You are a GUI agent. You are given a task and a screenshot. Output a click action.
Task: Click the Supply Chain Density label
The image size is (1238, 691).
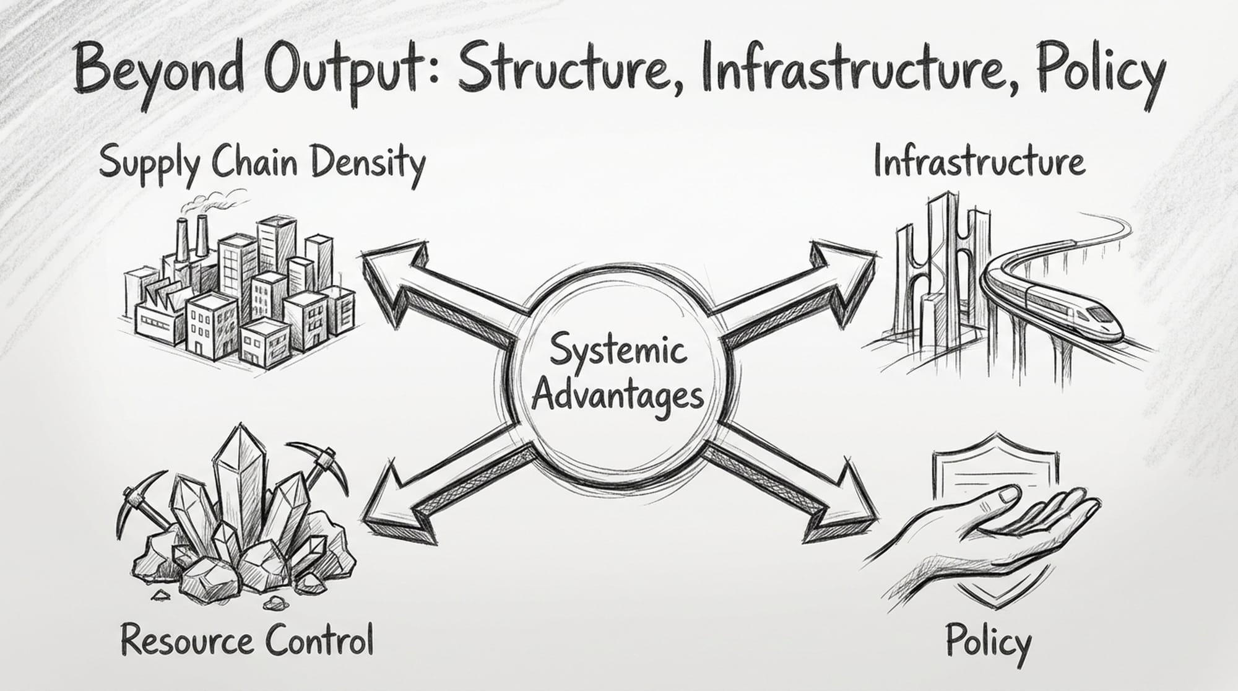coord(262,162)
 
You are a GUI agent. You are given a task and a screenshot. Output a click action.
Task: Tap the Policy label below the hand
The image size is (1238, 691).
coord(989,643)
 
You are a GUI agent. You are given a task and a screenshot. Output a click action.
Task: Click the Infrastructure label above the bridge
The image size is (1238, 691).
coord(979,162)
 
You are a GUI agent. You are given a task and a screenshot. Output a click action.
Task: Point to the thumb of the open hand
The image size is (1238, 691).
coord(997,495)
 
